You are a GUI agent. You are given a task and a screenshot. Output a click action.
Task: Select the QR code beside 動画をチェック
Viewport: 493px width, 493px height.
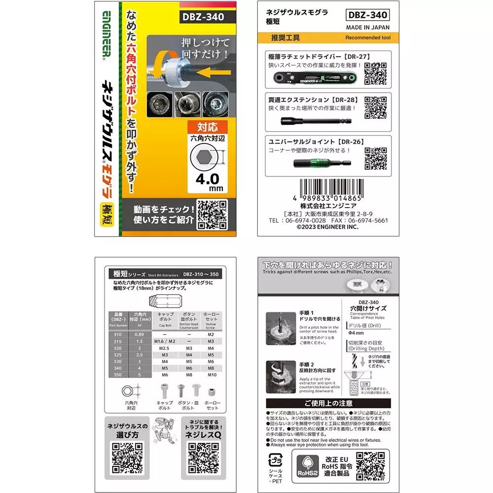pyautogui.click(x=211, y=214)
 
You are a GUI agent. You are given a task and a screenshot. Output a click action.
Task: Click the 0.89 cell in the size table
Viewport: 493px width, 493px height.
pyautogui.click(x=140, y=334)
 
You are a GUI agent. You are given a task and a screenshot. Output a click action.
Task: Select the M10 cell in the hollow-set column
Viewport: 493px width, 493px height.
pyautogui.click(x=211, y=374)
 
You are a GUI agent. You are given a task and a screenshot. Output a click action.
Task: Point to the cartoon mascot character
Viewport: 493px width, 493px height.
pyautogui.click(x=165, y=429)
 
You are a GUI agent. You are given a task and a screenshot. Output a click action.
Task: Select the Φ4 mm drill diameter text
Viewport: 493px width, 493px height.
pyautogui.click(x=356, y=333)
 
